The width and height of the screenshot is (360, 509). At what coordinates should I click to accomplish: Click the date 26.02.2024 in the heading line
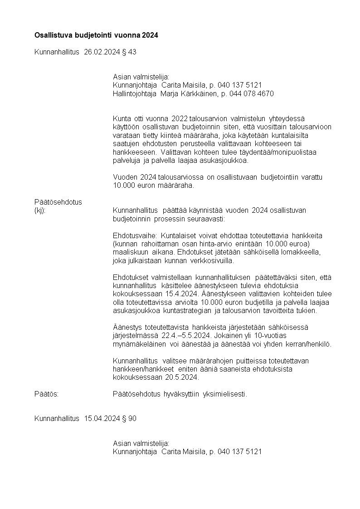coord(102,52)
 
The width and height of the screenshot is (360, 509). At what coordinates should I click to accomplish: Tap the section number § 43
coord(129,52)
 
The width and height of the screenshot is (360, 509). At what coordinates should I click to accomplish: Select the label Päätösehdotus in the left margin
coord(58,202)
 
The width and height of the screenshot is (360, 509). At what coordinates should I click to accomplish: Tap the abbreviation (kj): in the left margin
coord(40,210)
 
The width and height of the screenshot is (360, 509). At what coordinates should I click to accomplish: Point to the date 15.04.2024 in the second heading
coord(102,418)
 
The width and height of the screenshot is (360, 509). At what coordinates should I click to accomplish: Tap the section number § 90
coord(129,418)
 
